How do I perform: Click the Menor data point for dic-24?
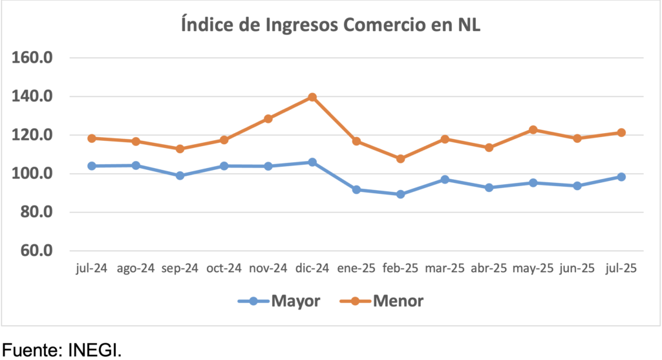(x=312, y=97)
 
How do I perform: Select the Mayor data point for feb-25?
(x=400, y=194)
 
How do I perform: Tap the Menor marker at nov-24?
(x=268, y=119)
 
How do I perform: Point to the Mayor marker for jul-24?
(x=92, y=166)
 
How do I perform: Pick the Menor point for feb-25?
(x=400, y=158)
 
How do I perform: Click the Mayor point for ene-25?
(x=356, y=189)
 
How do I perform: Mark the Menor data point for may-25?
(x=533, y=130)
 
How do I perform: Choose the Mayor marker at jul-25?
(x=621, y=176)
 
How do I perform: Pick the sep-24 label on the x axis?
(x=180, y=269)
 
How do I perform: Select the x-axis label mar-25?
(x=444, y=269)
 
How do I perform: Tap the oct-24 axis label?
(x=224, y=269)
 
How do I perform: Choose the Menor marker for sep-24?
(x=180, y=149)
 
